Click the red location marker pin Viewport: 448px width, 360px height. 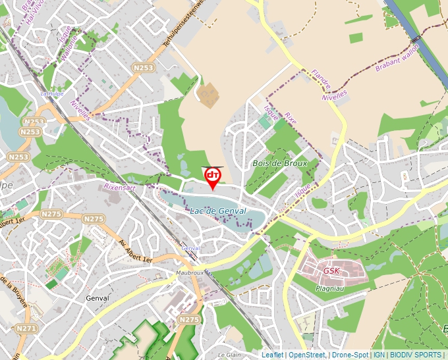point(213,176)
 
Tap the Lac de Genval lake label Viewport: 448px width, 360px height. point(217,211)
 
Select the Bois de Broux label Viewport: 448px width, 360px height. point(280,163)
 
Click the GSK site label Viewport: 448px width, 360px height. point(331,270)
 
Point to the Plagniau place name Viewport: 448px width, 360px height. point(331,287)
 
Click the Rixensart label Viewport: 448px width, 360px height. point(121,188)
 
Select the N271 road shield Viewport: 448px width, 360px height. point(26,328)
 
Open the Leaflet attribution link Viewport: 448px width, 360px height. point(272,355)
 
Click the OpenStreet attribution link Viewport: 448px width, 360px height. point(306,355)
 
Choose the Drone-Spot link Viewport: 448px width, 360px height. point(350,355)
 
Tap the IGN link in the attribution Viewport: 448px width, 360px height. point(379,355)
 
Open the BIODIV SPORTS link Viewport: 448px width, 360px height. point(416,355)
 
